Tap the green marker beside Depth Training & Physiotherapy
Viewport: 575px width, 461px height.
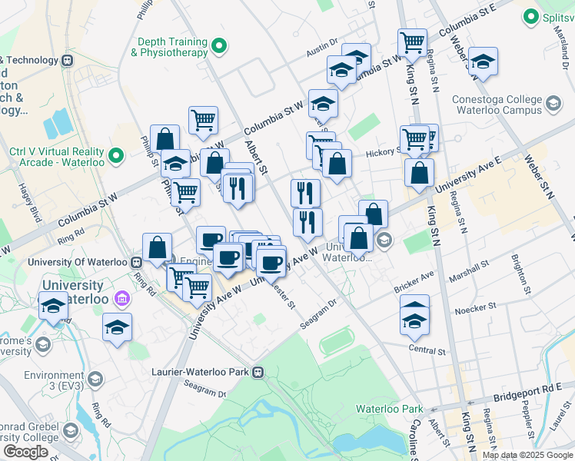(220, 48)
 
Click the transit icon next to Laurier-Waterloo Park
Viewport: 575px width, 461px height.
(258, 372)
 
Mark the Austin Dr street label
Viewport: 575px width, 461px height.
(322, 48)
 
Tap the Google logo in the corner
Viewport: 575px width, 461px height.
(25, 452)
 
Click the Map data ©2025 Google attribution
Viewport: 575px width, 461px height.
(527, 455)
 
